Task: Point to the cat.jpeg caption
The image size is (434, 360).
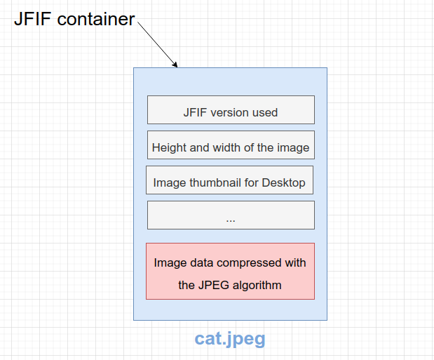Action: tap(230, 340)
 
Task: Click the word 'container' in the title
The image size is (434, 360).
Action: tap(96, 20)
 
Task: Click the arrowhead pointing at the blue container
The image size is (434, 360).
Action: tap(175, 64)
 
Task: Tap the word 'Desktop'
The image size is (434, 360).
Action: tap(283, 183)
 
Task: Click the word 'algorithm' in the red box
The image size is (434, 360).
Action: tap(257, 285)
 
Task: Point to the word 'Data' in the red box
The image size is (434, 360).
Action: tap(199, 263)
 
